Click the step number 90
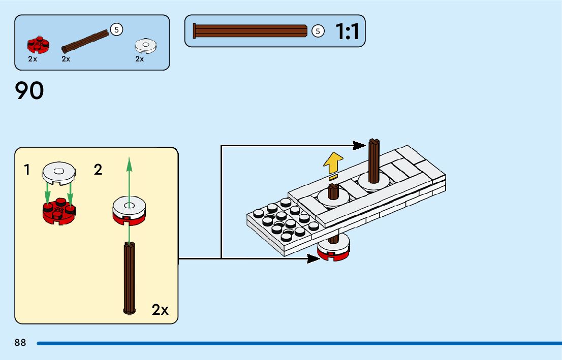(x=29, y=91)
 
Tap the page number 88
(x=20, y=343)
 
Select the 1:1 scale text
(x=347, y=31)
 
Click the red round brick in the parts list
(x=38, y=45)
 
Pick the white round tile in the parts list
(x=146, y=46)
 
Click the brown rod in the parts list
(x=85, y=42)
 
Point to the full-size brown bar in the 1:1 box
(x=250, y=31)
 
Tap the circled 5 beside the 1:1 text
(x=318, y=31)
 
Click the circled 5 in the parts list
(x=116, y=29)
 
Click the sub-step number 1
(x=27, y=170)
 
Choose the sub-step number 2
(x=98, y=170)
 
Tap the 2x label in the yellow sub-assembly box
(x=160, y=310)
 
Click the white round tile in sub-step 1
(x=58, y=172)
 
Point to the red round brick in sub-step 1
(x=58, y=212)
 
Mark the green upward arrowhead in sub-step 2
(x=129, y=165)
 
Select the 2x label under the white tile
(x=139, y=59)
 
